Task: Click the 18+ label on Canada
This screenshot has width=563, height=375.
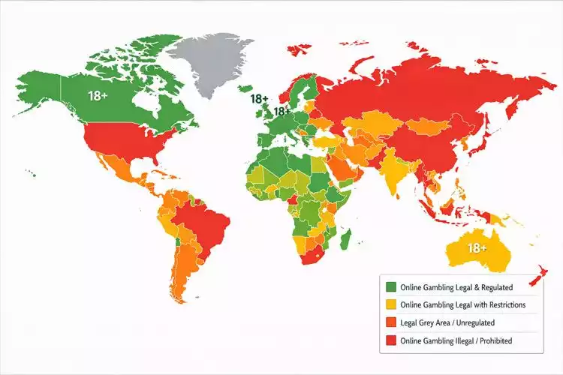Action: coord(98,95)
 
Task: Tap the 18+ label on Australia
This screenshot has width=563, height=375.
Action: coord(477,248)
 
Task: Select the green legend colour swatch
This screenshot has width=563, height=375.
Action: coord(390,286)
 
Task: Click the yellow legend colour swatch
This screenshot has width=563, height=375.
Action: coord(390,304)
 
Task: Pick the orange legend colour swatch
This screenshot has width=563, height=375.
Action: coord(390,322)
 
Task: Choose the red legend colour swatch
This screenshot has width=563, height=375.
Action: coord(390,340)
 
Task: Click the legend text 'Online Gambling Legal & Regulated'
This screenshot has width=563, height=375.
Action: coord(457,286)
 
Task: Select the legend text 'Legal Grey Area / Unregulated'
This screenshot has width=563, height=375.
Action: coord(447,322)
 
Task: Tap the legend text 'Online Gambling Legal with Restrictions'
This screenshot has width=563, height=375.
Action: coord(463,304)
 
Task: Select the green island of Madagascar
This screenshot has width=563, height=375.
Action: coord(345,240)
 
